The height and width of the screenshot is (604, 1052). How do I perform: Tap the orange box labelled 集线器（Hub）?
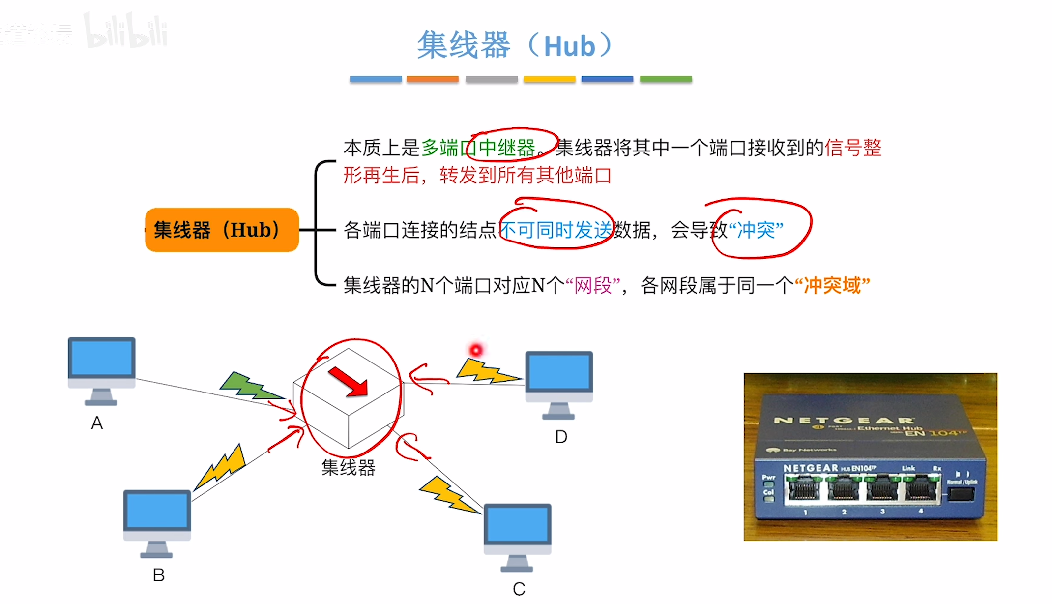pyautogui.click(x=222, y=230)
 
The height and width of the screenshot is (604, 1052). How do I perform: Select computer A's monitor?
pyautogui.click(x=101, y=359)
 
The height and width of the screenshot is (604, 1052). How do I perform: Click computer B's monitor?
pyautogui.click(x=157, y=511)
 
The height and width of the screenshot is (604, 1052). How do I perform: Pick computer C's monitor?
pyautogui.click(x=517, y=525)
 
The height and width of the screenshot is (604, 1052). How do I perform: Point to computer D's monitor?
pyautogui.click(x=559, y=372)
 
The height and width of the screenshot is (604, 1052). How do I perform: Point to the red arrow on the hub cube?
pyautogui.click(x=349, y=382)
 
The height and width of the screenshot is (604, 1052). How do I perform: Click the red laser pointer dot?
pyautogui.click(x=476, y=350)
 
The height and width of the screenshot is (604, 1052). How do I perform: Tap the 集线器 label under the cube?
pyautogui.click(x=348, y=467)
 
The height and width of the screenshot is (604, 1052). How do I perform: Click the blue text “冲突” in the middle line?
pyautogui.click(x=756, y=230)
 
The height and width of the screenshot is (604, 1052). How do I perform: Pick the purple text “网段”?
pyautogui.click(x=593, y=285)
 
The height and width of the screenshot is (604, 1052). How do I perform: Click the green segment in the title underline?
pyautogui.click(x=666, y=79)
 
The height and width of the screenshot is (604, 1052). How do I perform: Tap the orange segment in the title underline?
pyautogui.click(x=433, y=79)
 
